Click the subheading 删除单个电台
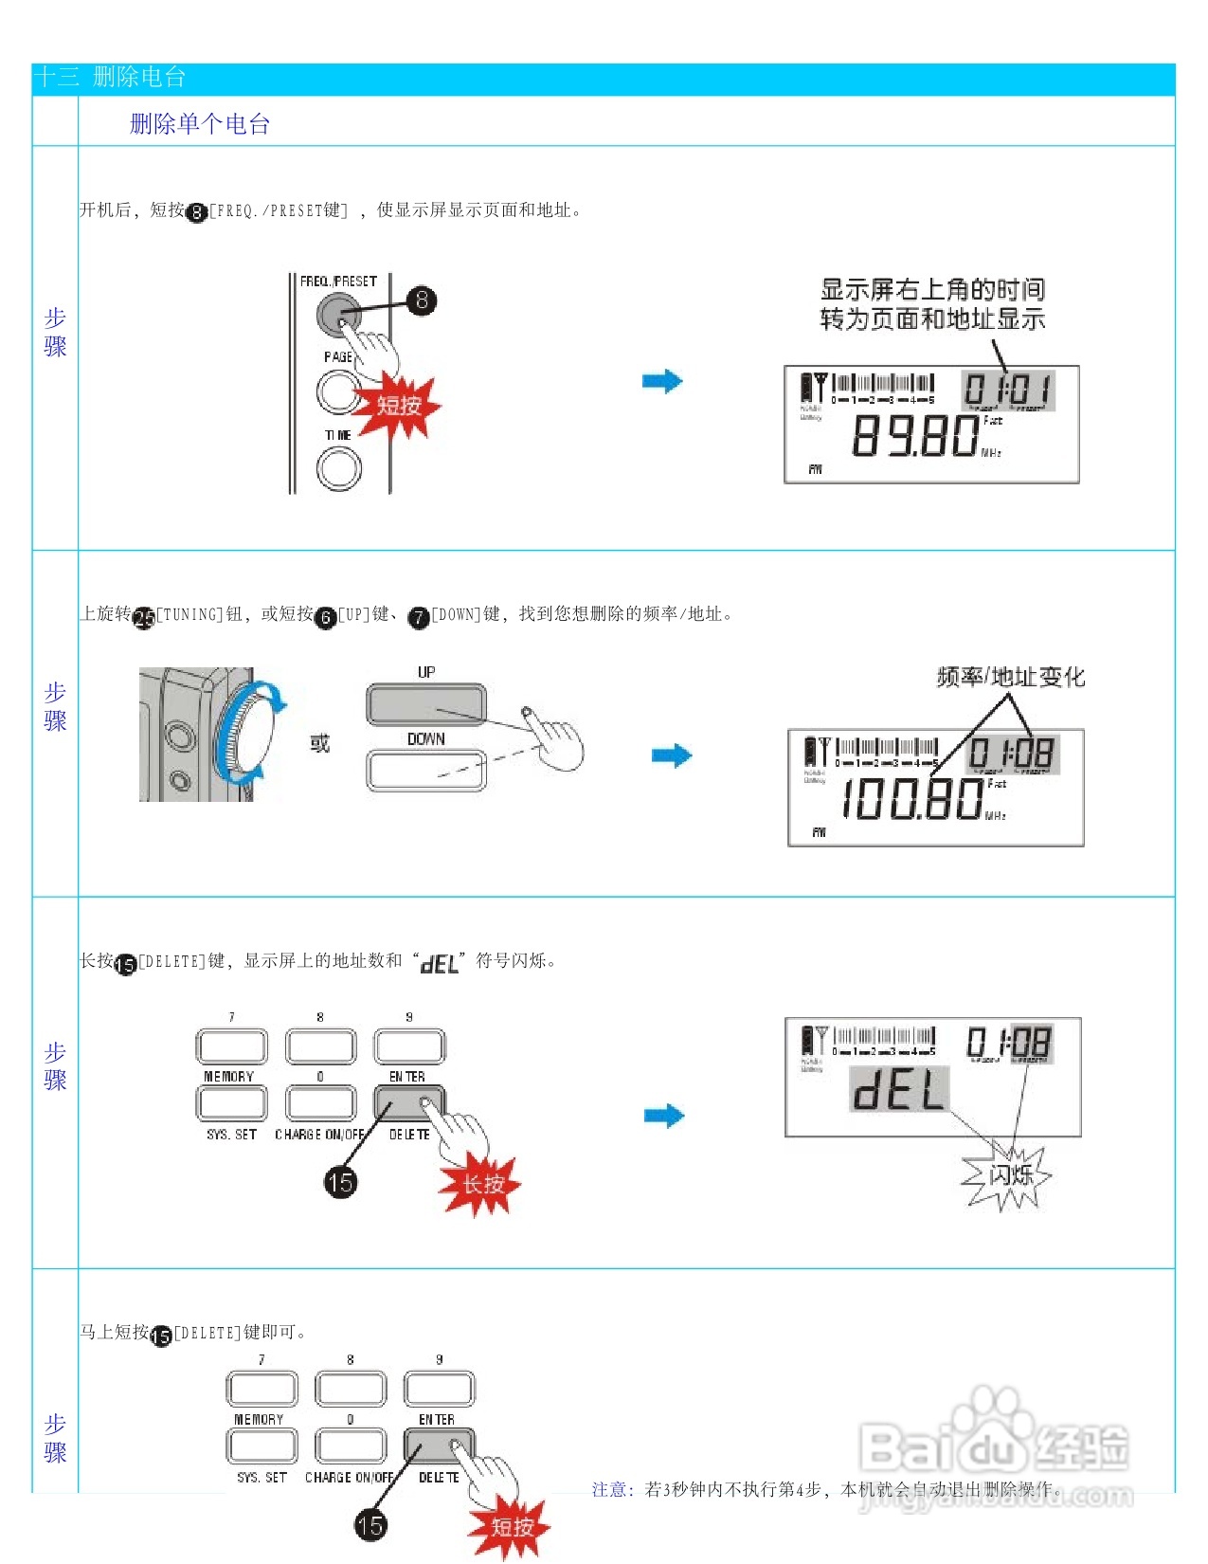tap(200, 124)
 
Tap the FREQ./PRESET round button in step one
tap(337, 315)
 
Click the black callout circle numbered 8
tap(422, 300)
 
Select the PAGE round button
tap(337, 391)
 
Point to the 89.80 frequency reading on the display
tap(914, 437)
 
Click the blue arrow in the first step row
tap(662, 381)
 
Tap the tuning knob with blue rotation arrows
tap(246, 736)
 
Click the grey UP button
tap(425, 703)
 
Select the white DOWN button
tap(425, 770)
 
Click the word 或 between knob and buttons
tap(320, 743)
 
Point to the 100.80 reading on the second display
tap(912, 799)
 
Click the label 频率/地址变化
tap(1010, 677)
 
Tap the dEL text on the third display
tap(898, 1090)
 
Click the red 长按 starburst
tap(482, 1185)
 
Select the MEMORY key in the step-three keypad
tap(231, 1103)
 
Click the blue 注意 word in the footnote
tap(612, 1489)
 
